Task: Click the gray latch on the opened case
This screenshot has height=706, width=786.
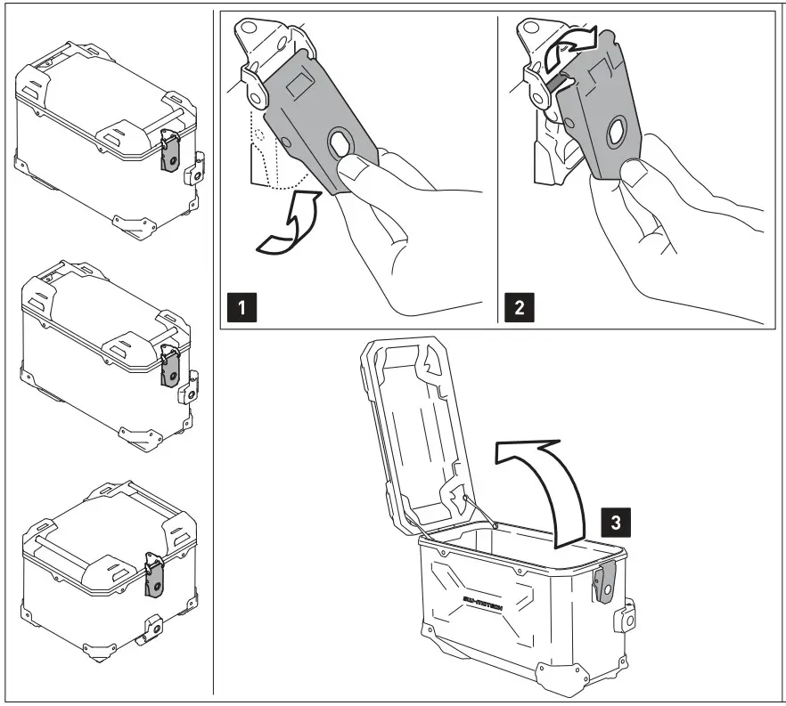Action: [x=607, y=583]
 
